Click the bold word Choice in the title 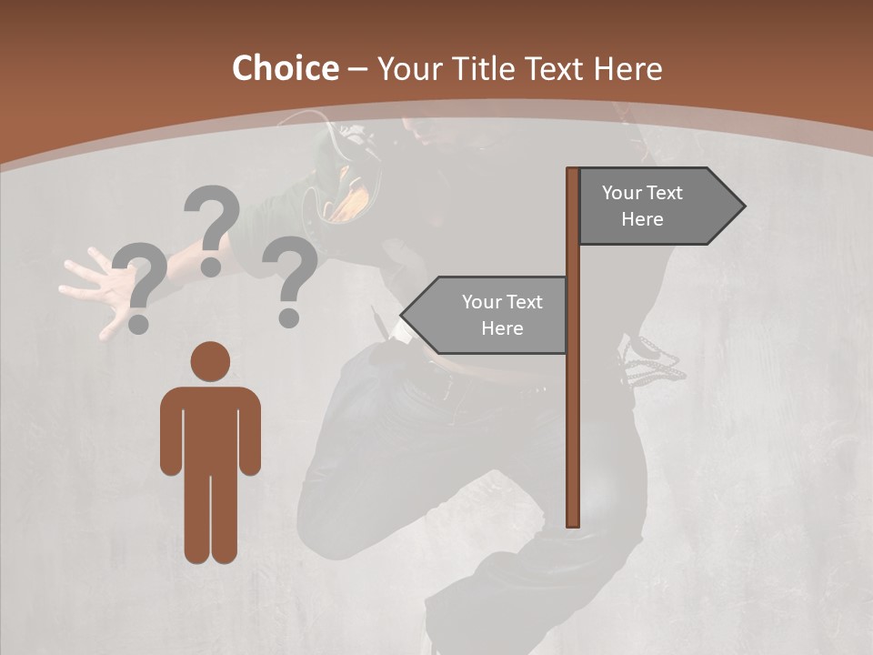click(x=285, y=69)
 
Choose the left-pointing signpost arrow click(x=487, y=315)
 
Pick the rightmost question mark click(x=290, y=280)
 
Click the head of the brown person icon click(x=210, y=361)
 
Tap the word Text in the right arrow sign click(x=665, y=193)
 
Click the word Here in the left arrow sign click(x=502, y=328)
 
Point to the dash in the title click(x=357, y=69)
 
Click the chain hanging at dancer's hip click(x=653, y=360)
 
